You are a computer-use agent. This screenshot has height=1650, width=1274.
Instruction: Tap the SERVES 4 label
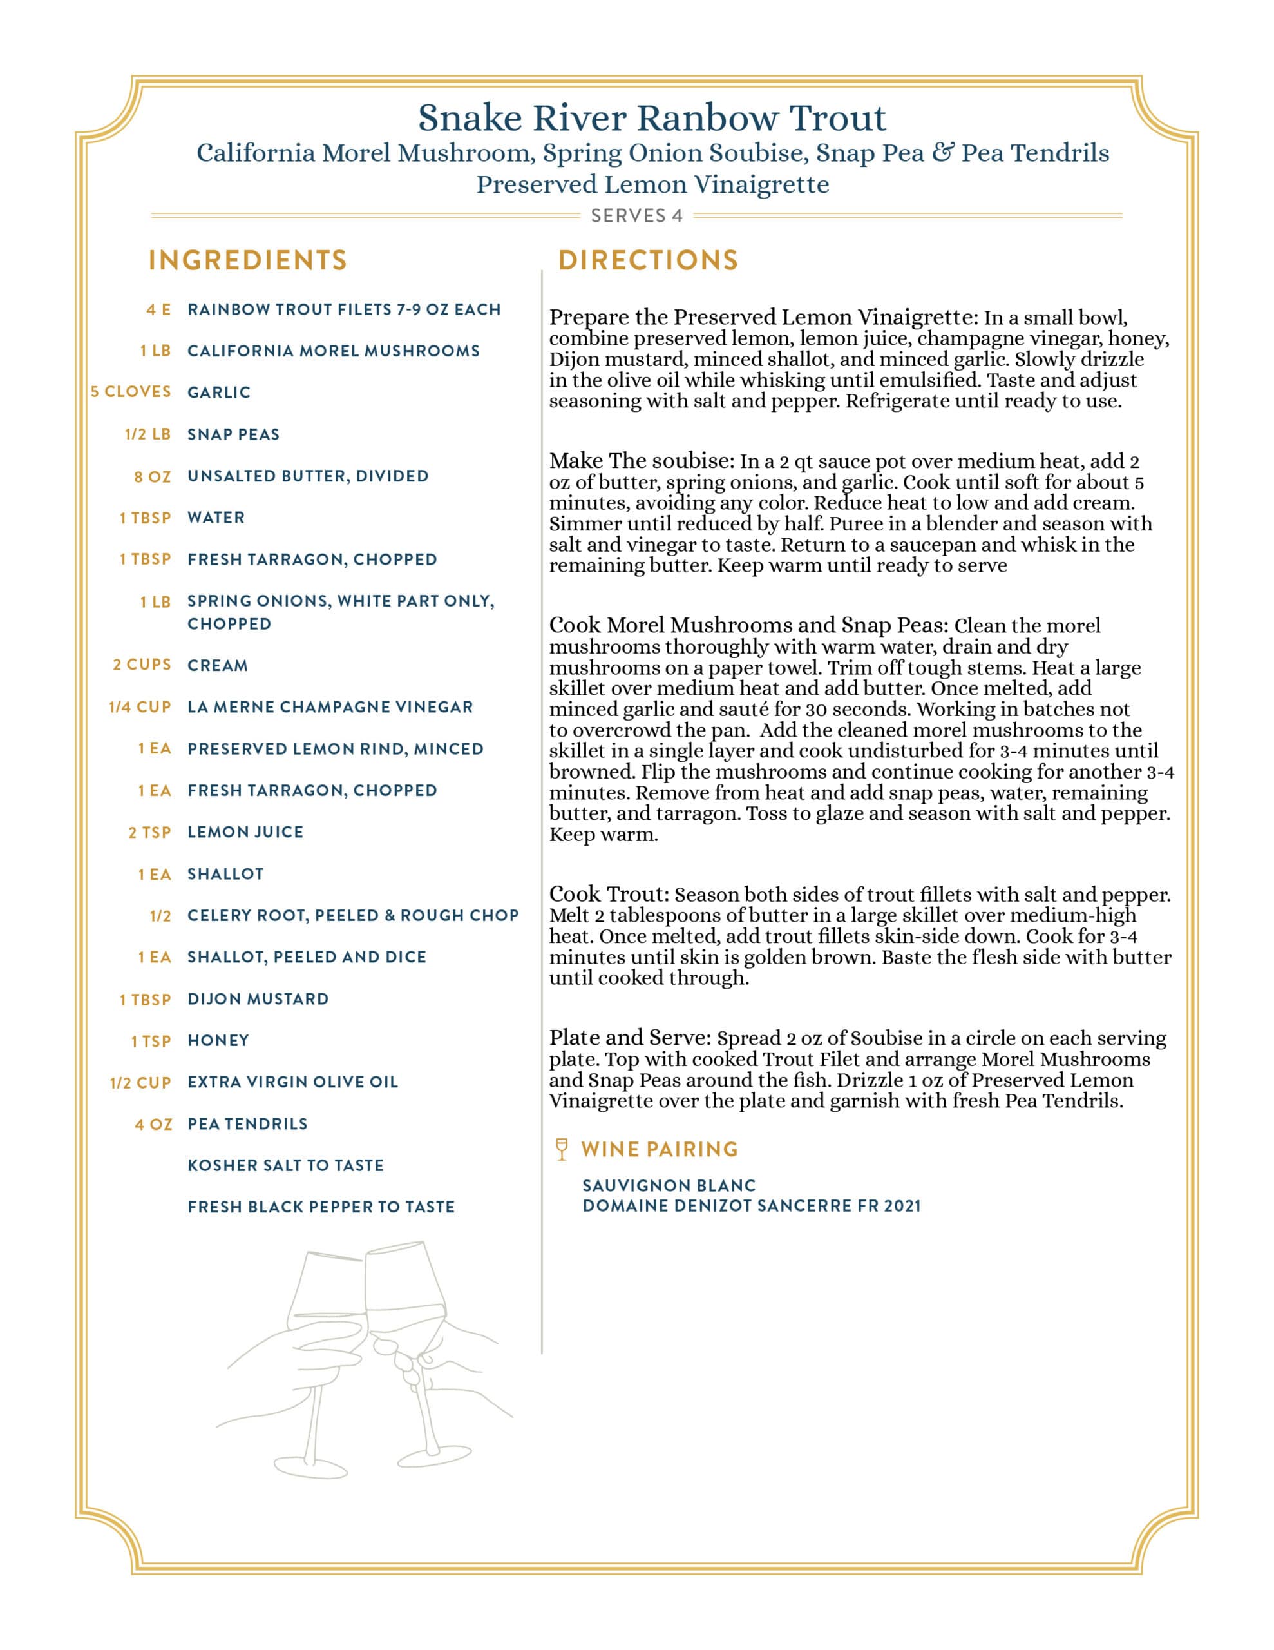point(636,216)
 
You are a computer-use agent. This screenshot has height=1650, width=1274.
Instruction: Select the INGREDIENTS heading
point(248,260)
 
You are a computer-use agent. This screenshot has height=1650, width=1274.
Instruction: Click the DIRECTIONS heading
point(648,260)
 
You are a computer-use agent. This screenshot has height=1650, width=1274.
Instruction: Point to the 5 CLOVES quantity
point(131,392)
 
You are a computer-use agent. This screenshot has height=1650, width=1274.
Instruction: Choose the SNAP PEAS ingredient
point(233,434)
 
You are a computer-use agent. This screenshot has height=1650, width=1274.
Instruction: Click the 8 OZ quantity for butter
point(153,477)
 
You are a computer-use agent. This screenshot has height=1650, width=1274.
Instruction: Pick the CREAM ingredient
point(218,666)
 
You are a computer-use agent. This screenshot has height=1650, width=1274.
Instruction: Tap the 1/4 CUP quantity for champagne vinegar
point(140,707)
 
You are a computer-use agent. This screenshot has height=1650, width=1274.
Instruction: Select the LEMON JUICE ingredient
point(245,832)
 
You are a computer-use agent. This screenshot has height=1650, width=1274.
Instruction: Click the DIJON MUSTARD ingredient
point(258,999)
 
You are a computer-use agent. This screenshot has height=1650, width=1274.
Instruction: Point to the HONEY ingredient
point(218,1040)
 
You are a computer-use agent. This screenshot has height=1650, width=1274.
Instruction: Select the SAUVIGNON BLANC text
point(669,1185)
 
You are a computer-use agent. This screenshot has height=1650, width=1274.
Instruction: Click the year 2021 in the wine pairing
point(902,1206)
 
